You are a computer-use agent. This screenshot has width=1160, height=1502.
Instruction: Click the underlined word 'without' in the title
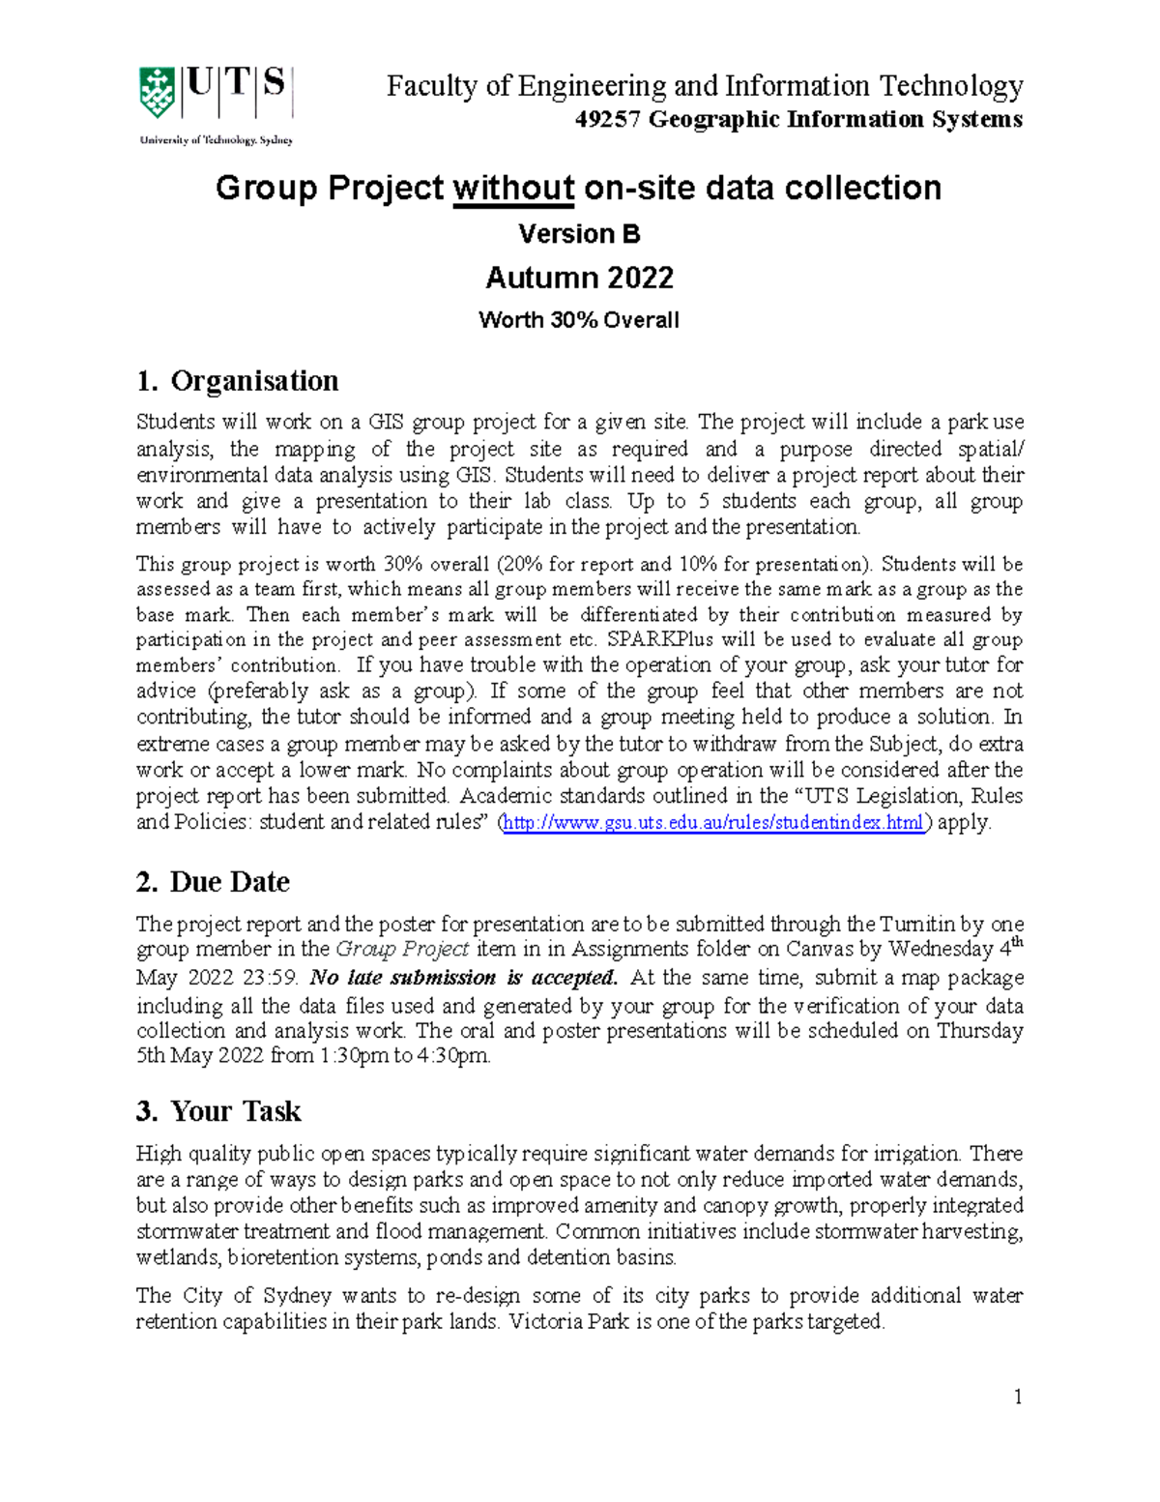[x=513, y=188]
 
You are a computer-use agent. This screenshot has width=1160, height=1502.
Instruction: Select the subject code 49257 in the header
[x=608, y=120]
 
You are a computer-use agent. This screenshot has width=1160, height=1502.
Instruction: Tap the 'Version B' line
[x=579, y=234]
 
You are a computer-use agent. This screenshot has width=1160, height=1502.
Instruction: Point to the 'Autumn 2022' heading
[x=579, y=278]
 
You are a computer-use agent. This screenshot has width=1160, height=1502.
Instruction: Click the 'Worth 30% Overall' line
[x=579, y=320]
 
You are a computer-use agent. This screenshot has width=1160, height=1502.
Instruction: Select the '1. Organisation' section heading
[x=238, y=381]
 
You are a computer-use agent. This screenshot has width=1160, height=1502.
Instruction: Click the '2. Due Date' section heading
[x=213, y=882]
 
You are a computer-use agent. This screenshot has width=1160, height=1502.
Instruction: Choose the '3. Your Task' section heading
[x=218, y=1111]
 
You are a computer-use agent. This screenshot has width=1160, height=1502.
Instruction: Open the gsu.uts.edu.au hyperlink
[x=714, y=823]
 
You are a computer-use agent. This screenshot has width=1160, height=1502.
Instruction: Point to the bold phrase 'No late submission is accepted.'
[x=463, y=978]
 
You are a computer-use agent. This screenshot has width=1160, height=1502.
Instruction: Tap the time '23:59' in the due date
[x=271, y=978]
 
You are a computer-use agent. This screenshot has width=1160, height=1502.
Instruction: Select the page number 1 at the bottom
[x=1018, y=1397]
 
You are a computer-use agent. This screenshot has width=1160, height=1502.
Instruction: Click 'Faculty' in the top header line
[x=432, y=87]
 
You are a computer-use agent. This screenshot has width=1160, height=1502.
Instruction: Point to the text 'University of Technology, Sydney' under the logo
[x=217, y=140]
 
